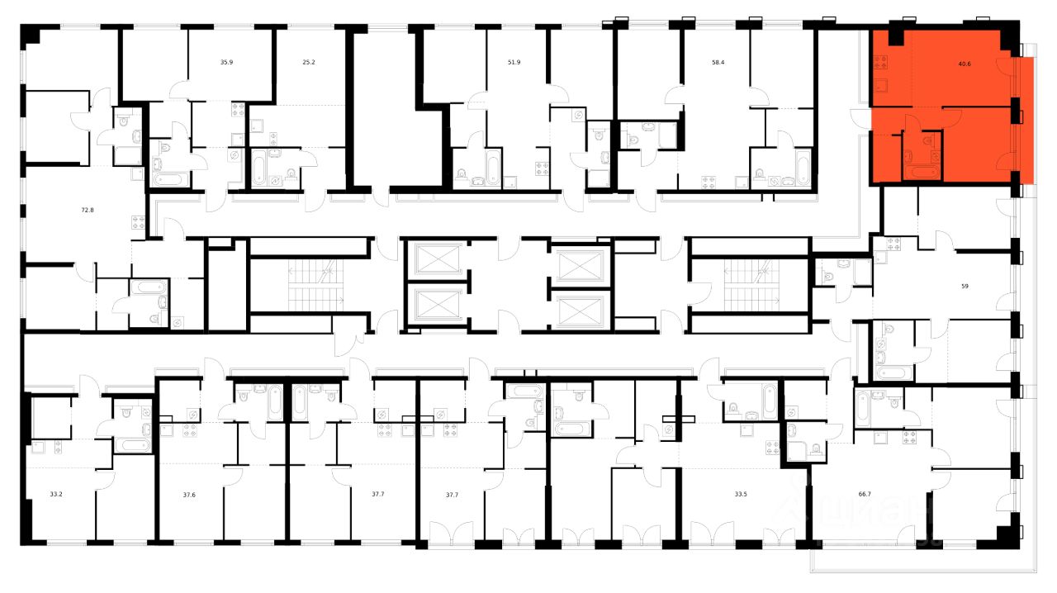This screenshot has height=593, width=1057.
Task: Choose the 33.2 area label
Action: coord(56,495)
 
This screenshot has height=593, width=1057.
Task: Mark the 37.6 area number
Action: coord(189,495)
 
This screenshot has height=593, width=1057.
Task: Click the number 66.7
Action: coord(866,495)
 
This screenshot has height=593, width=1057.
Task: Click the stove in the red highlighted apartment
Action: coord(882,61)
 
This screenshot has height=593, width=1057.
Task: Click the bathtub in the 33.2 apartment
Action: coord(132,445)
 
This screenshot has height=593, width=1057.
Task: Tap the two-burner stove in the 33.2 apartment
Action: coord(39,448)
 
